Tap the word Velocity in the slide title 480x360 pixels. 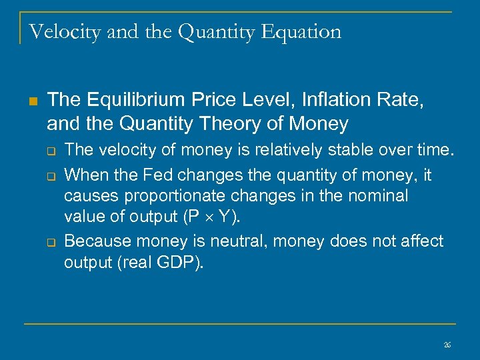click(x=61, y=32)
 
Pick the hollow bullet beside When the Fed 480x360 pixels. click(x=51, y=176)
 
